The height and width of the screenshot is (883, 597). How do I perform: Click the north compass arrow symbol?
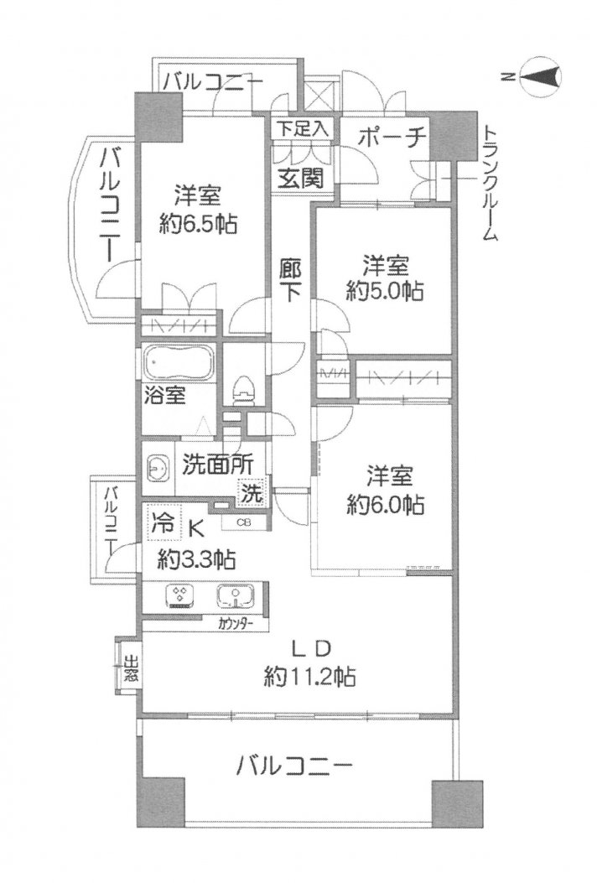click(x=539, y=76)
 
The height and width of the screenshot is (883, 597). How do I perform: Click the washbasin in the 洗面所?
click(x=158, y=467)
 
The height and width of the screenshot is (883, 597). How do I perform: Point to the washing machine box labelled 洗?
click(x=252, y=493)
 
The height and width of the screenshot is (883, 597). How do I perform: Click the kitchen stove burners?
click(x=181, y=597)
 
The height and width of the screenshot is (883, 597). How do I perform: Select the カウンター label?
click(x=236, y=624)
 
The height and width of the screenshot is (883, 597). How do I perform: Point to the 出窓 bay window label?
click(x=130, y=668)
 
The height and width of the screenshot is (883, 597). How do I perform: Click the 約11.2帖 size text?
click(x=309, y=676)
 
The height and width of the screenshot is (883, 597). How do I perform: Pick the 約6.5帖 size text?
click(x=198, y=224)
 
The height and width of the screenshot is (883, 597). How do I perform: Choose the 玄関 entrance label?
click(x=301, y=179)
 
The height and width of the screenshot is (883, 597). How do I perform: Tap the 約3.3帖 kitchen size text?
click(x=196, y=559)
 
